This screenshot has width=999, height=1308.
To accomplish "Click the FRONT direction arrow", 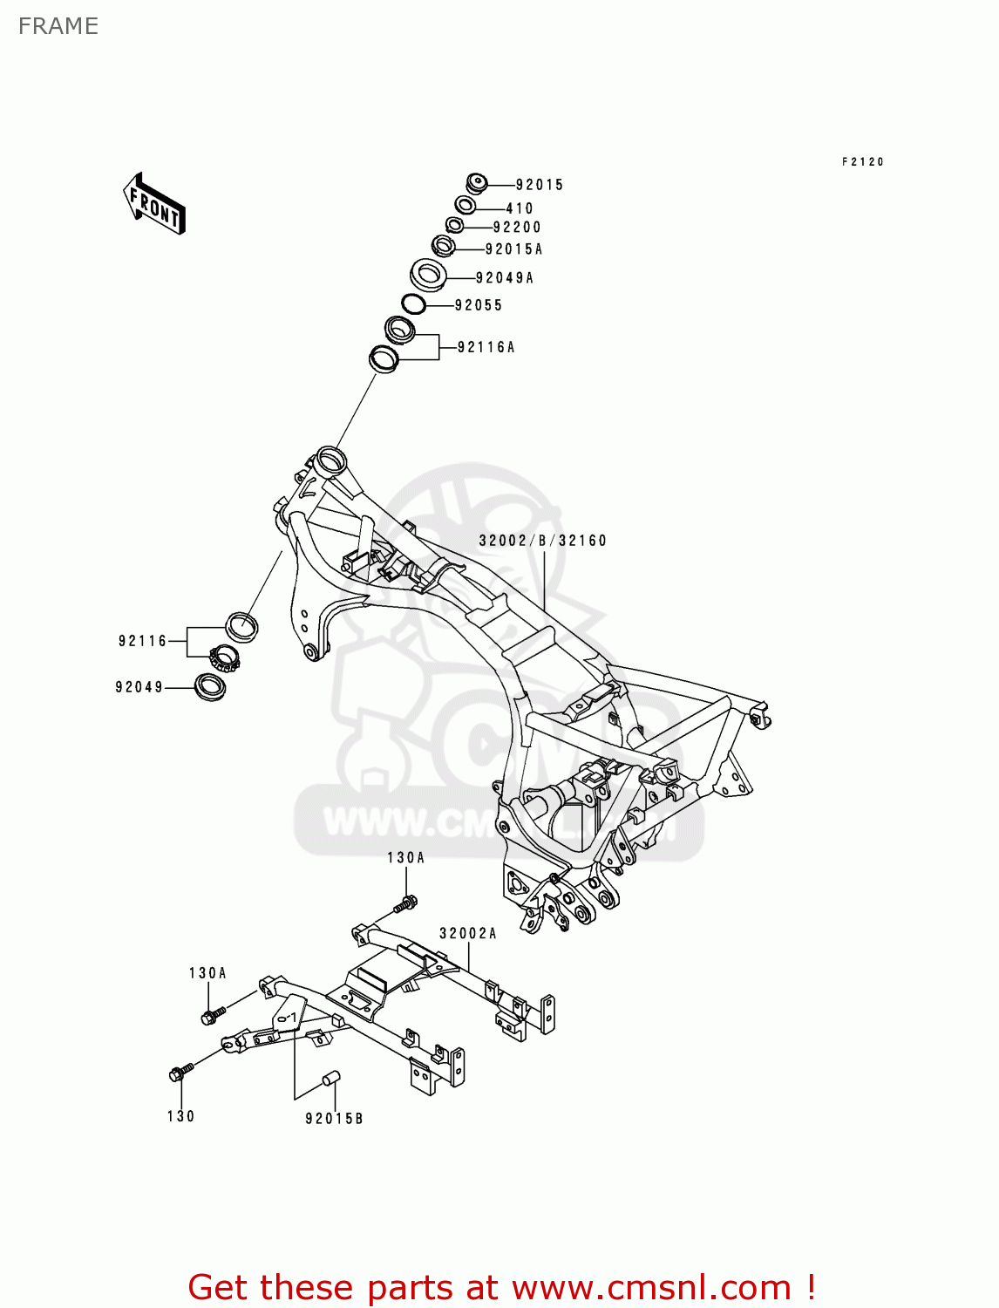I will coord(154,203).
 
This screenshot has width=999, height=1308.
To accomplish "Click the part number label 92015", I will coord(539,185).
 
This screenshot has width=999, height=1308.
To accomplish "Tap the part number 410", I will coord(520,208).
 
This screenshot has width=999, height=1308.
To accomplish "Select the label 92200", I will coord(517,228).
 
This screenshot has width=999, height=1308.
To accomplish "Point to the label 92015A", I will coord(513,249).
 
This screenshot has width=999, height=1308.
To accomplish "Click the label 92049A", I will coord(505,278).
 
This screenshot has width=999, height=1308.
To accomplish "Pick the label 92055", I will coord(479,305).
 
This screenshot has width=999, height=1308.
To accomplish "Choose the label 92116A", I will coord(486,347).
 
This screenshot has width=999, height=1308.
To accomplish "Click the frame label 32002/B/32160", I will coord(542,541).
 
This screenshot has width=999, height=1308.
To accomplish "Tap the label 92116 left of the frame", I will coord(142,641).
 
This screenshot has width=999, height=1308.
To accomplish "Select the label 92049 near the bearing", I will coord(139,687).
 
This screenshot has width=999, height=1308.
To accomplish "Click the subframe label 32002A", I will coord(467,934).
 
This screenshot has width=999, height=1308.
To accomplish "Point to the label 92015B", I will coord(334,1119).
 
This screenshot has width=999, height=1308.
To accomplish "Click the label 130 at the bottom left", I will coord(181,1116).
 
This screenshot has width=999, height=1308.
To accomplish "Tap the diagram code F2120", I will coord(863,162).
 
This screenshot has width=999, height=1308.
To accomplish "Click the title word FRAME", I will coord(58,26).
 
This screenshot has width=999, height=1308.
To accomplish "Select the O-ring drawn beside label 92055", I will coord(413,304).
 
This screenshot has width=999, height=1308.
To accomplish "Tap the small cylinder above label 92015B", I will coord(330,1079).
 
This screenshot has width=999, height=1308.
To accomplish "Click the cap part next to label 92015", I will coord(476,184).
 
